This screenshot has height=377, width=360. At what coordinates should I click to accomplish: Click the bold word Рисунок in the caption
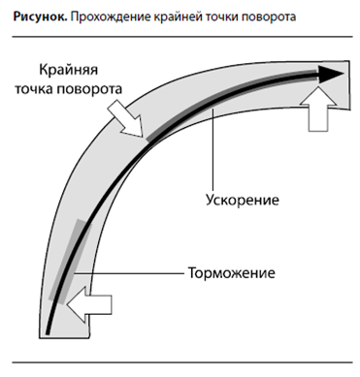[40, 17]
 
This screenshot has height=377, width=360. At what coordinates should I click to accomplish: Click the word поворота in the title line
[269, 17]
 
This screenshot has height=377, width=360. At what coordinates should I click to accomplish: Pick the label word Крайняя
[68, 70]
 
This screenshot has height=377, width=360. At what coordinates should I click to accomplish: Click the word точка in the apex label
[34, 89]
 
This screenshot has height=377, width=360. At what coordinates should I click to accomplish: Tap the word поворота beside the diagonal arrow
[89, 89]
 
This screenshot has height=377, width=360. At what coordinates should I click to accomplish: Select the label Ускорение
[243, 200]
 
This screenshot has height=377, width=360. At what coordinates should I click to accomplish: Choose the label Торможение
[232, 273]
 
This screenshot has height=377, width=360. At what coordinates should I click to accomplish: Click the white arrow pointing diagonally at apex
[126, 118]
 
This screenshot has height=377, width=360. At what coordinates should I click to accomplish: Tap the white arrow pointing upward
[318, 110]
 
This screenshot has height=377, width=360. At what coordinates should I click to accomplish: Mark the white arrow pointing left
[89, 304]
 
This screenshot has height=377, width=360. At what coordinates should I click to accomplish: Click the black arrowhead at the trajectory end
[331, 74]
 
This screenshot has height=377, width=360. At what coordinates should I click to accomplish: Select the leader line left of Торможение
[129, 273]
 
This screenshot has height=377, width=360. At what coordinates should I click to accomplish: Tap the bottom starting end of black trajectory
[48, 332]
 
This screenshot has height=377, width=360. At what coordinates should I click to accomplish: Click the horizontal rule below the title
[182, 37]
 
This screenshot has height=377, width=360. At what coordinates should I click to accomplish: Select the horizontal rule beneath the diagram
[182, 362]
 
